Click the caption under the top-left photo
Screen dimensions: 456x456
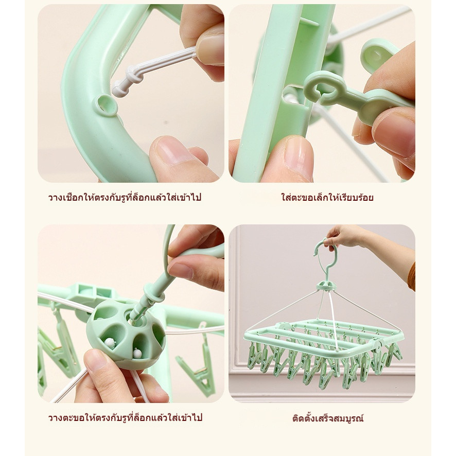(125, 198)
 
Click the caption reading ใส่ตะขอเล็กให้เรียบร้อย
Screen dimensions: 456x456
(327, 198)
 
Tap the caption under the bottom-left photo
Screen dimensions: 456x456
(125, 418)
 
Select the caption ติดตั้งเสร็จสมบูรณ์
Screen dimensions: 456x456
(328, 418)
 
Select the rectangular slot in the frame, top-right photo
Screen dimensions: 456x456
(294, 99)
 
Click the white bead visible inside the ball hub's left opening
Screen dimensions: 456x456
(109, 342)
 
